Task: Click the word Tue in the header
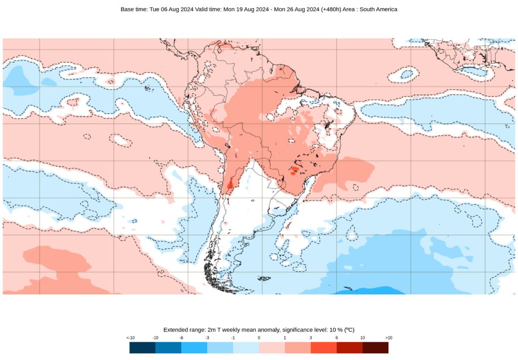coord(155,9)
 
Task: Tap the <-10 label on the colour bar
coord(130,337)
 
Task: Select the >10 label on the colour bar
coord(388,337)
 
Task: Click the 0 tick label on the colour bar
coord(259,337)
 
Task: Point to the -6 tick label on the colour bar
coord(182,337)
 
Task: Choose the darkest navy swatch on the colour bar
coord(143,347)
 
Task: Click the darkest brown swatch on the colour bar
coord(375,347)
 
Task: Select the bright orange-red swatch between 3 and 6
coord(324,347)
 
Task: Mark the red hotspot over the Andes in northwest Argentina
coord(230,184)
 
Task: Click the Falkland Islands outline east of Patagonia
coord(264,278)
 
